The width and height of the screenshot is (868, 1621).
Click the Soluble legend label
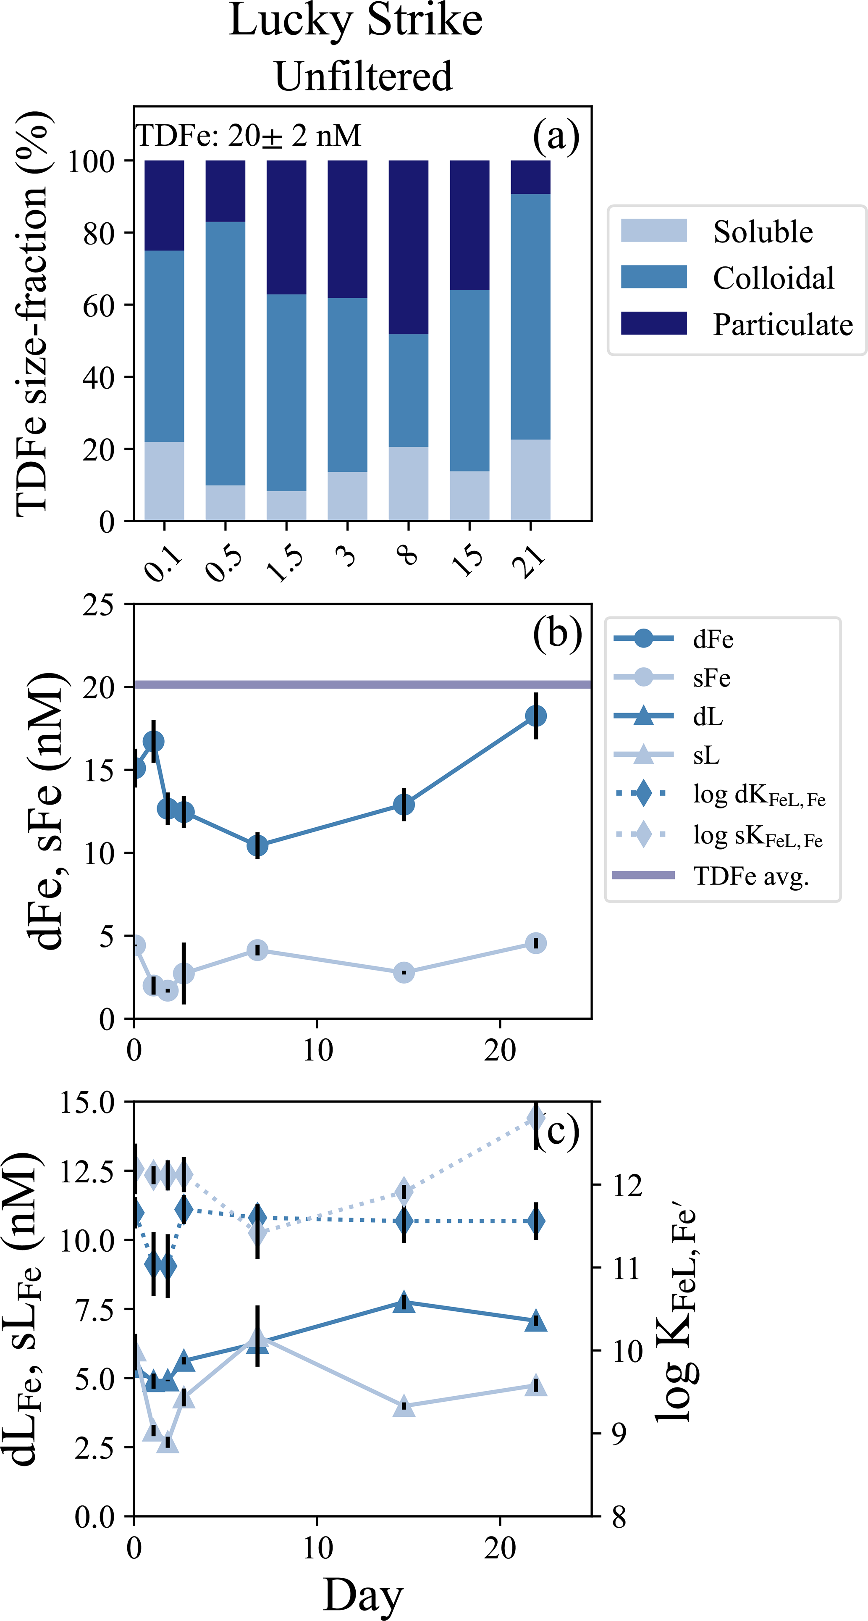tap(762, 232)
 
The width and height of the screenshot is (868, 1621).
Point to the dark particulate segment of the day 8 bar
tap(408, 247)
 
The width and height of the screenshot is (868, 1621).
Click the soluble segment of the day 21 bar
tap(530, 479)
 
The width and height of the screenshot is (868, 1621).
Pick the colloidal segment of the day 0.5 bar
tap(225, 353)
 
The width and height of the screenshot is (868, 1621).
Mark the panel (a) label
tap(556, 136)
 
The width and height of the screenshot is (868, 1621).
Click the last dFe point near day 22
tap(535, 716)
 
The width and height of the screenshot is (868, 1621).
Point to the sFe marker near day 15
tap(404, 973)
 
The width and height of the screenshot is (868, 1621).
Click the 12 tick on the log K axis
tap(627, 1186)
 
